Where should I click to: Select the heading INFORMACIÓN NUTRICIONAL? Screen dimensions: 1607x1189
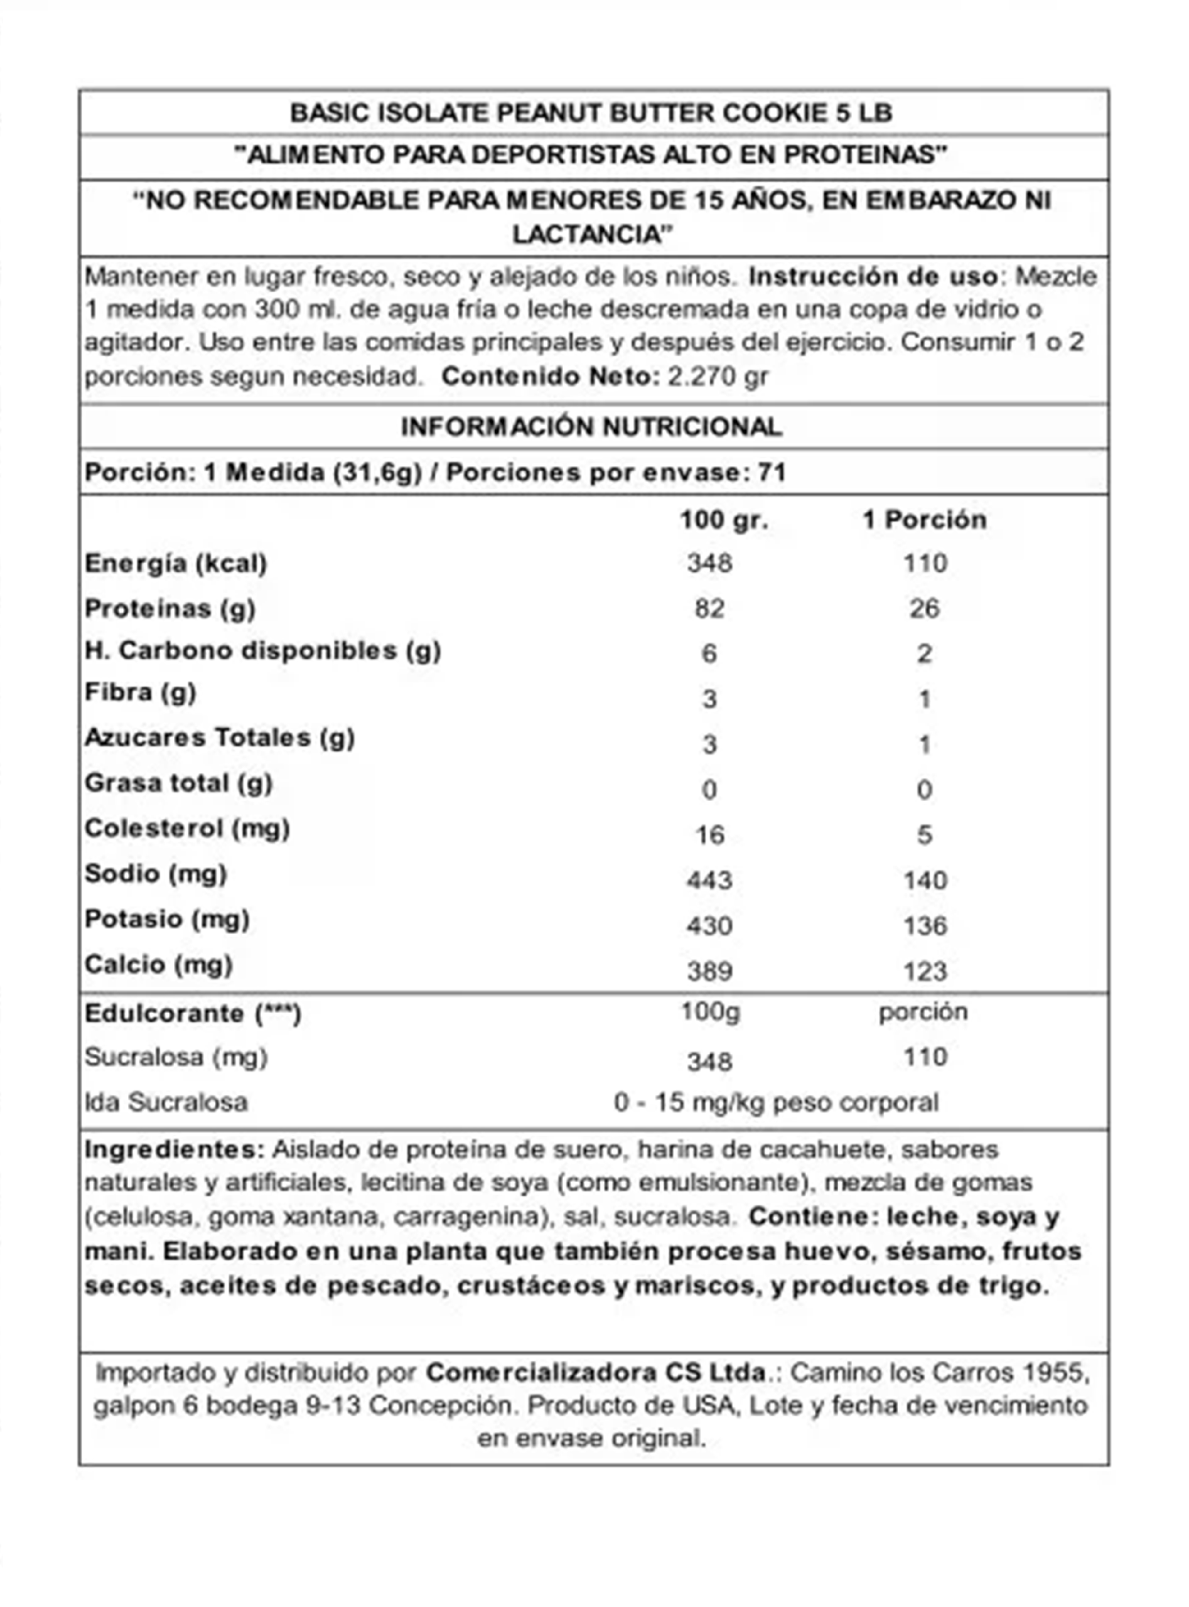(x=591, y=427)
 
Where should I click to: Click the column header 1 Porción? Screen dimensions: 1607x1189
(x=925, y=520)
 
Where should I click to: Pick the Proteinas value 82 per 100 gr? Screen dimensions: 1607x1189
(x=709, y=609)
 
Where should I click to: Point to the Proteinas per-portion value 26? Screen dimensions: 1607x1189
(x=925, y=609)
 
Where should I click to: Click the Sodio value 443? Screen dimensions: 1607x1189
(x=709, y=880)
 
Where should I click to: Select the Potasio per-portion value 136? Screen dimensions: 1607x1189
(x=925, y=925)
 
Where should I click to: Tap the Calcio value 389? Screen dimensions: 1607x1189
(x=709, y=972)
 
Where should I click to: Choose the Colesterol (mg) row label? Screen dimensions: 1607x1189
(x=187, y=829)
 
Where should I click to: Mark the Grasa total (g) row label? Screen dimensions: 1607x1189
(x=178, y=783)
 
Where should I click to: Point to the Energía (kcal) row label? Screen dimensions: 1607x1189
(x=176, y=564)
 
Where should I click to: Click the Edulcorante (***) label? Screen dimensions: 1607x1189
(x=193, y=1013)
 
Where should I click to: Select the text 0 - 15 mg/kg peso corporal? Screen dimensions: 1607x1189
(x=776, y=1102)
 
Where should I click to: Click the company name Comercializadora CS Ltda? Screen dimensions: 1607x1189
(x=596, y=1372)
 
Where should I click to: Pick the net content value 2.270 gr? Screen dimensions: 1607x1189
(x=718, y=377)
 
